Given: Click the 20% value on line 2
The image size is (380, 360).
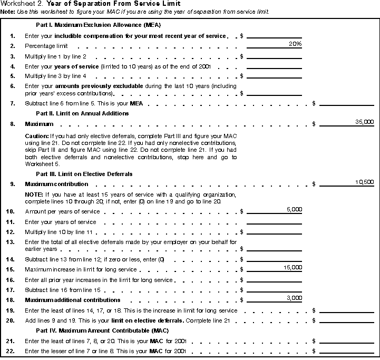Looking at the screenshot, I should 295,44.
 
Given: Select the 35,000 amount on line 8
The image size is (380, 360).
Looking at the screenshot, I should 365,122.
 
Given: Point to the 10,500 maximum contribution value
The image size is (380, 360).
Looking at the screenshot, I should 365,182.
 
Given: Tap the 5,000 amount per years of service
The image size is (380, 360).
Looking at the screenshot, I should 294,210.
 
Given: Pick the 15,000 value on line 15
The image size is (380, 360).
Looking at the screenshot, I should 293,268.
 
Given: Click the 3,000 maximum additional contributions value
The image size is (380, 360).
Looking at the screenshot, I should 294,298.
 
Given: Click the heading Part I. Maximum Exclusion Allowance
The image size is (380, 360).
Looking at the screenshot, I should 98,25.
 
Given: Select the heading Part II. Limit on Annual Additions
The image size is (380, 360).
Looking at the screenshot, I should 83,113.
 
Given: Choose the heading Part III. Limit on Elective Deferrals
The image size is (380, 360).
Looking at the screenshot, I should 84,173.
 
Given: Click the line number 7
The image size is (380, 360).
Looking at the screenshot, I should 13,103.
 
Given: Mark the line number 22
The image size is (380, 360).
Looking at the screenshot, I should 11,352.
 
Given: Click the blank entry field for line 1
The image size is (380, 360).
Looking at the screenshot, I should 274,36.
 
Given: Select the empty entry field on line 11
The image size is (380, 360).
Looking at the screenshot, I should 274,222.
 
